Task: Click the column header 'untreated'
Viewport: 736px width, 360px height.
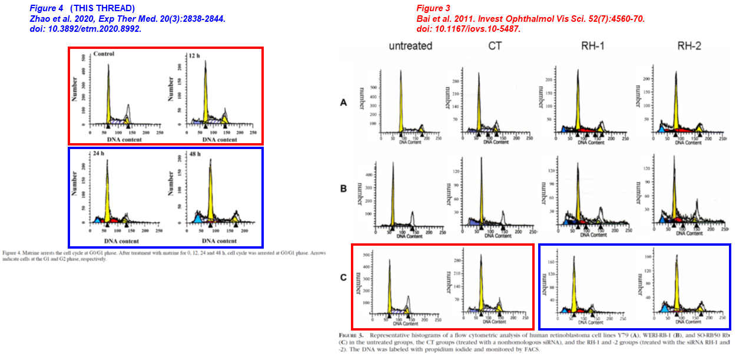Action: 410,46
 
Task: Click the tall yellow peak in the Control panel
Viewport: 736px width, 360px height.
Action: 108,100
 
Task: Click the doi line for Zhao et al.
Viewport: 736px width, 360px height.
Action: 85,29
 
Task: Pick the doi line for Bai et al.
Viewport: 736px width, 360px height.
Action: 468,29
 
